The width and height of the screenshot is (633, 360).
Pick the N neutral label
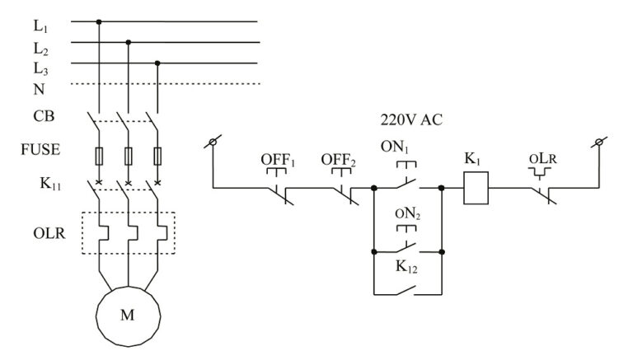[x=39, y=87]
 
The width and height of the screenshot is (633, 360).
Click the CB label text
[x=44, y=116]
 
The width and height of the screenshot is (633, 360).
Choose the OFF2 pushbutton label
[x=338, y=159]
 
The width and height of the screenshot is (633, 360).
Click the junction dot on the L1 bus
[x=99, y=21]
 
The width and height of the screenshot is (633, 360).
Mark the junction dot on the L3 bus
[x=157, y=62]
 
